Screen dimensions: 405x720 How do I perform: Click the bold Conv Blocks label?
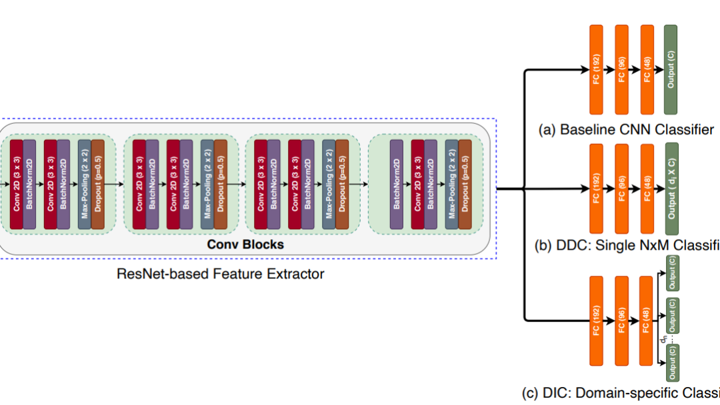tap(245, 244)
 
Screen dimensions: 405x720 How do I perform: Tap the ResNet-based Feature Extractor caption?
tap(221, 273)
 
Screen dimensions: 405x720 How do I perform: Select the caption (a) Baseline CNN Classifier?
tap(626, 129)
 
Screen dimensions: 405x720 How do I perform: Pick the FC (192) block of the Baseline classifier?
tap(596, 69)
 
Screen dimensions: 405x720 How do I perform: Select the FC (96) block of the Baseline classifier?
tap(621, 69)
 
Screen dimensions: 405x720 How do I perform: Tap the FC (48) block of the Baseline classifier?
tap(647, 69)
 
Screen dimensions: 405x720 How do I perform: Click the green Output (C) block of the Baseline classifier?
tap(671, 69)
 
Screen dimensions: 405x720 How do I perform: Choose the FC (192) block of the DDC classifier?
tap(596, 188)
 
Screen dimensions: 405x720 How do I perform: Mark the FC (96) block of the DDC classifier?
tap(621, 188)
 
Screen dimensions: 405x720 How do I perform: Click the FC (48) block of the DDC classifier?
tap(647, 188)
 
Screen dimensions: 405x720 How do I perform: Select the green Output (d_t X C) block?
tap(671, 188)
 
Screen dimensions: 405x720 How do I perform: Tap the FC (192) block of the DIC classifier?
tap(596, 320)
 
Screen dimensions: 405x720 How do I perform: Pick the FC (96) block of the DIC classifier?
tap(621, 320)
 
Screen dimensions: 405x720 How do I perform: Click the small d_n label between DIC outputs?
tap(663, 339)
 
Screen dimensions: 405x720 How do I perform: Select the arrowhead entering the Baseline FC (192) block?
tap(585, 69)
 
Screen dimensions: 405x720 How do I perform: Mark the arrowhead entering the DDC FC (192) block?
tap(585, 189)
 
